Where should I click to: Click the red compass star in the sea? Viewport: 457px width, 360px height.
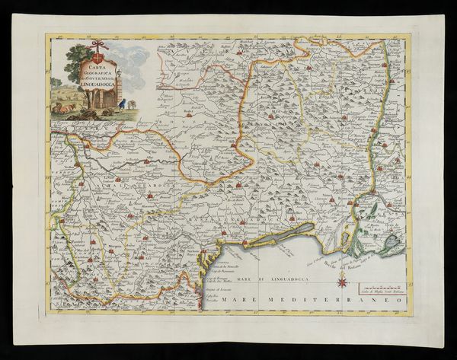click(342, 283)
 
